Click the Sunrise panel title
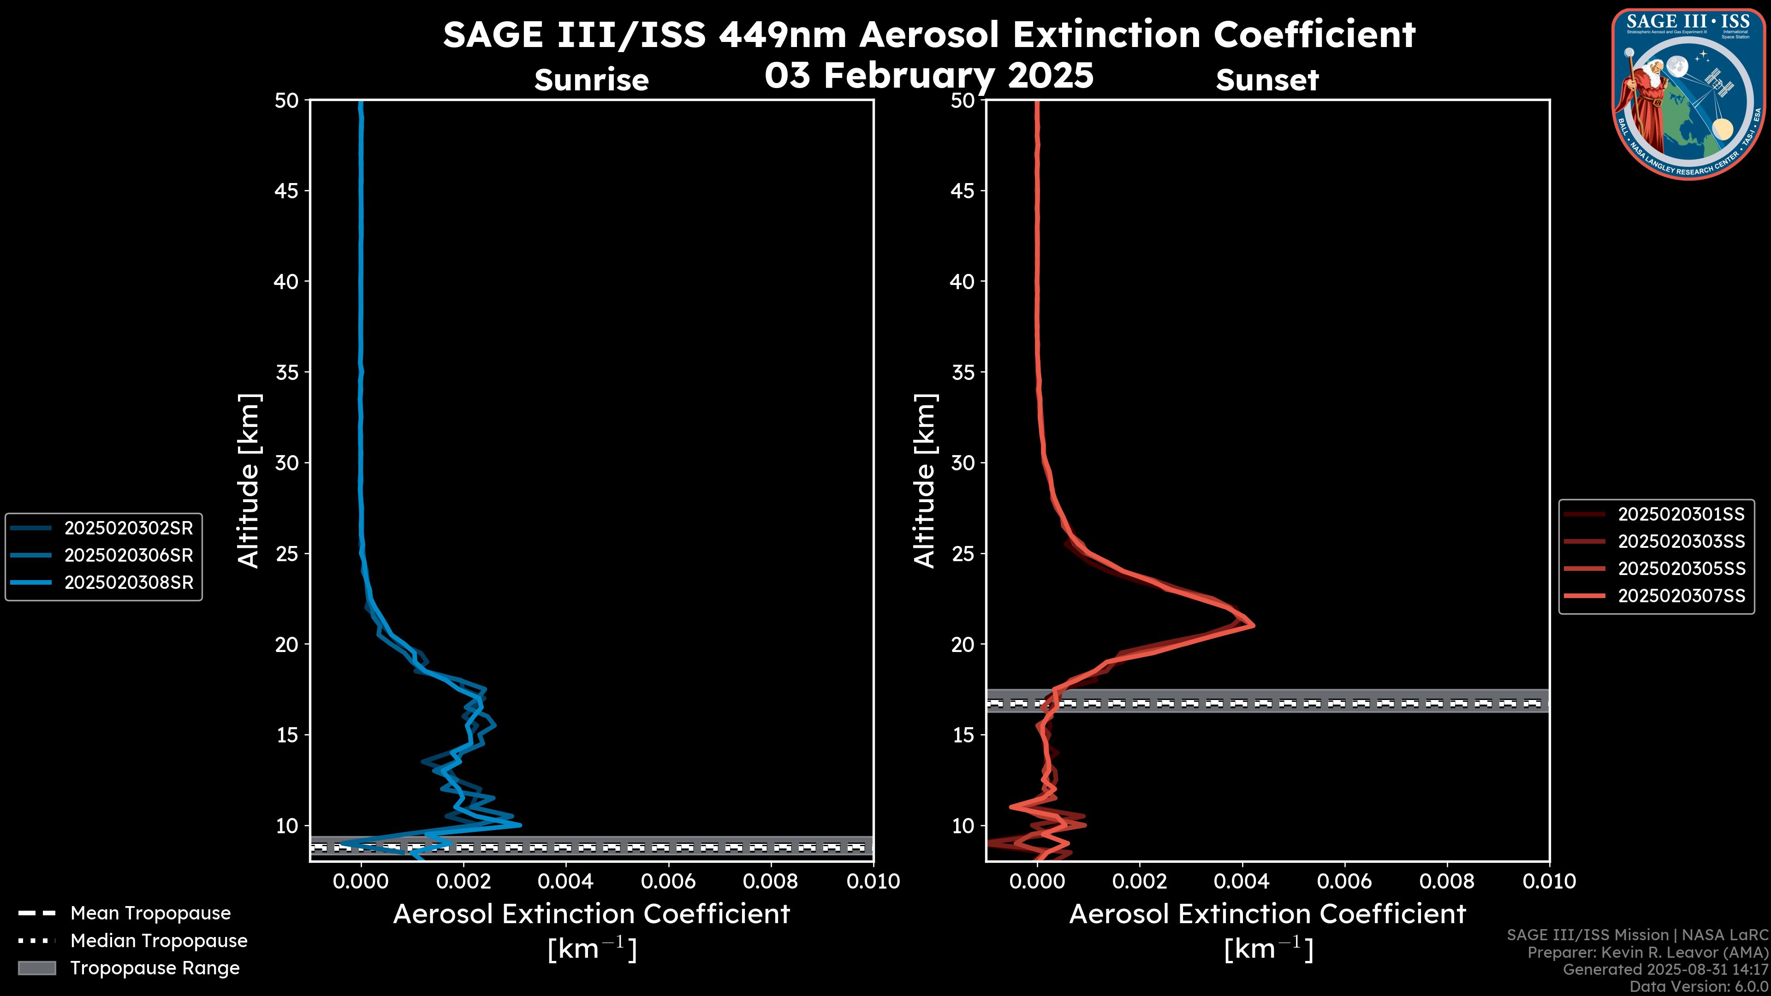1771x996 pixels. [x=591, y=80]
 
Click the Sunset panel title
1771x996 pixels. [x=1267, y=80]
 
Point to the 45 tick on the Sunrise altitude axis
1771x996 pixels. [x=287, y=190]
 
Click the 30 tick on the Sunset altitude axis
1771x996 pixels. [x=963, y=462]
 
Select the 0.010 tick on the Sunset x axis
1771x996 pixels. [x=1549, y=881]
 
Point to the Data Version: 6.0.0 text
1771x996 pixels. [x=1698, y=986]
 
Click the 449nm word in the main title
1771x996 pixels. [x=782, y=35]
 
